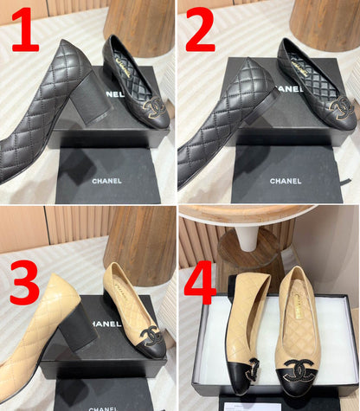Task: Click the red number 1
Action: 25,33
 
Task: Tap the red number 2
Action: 200,33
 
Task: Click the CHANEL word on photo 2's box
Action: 286,181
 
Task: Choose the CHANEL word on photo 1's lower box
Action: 106,181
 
